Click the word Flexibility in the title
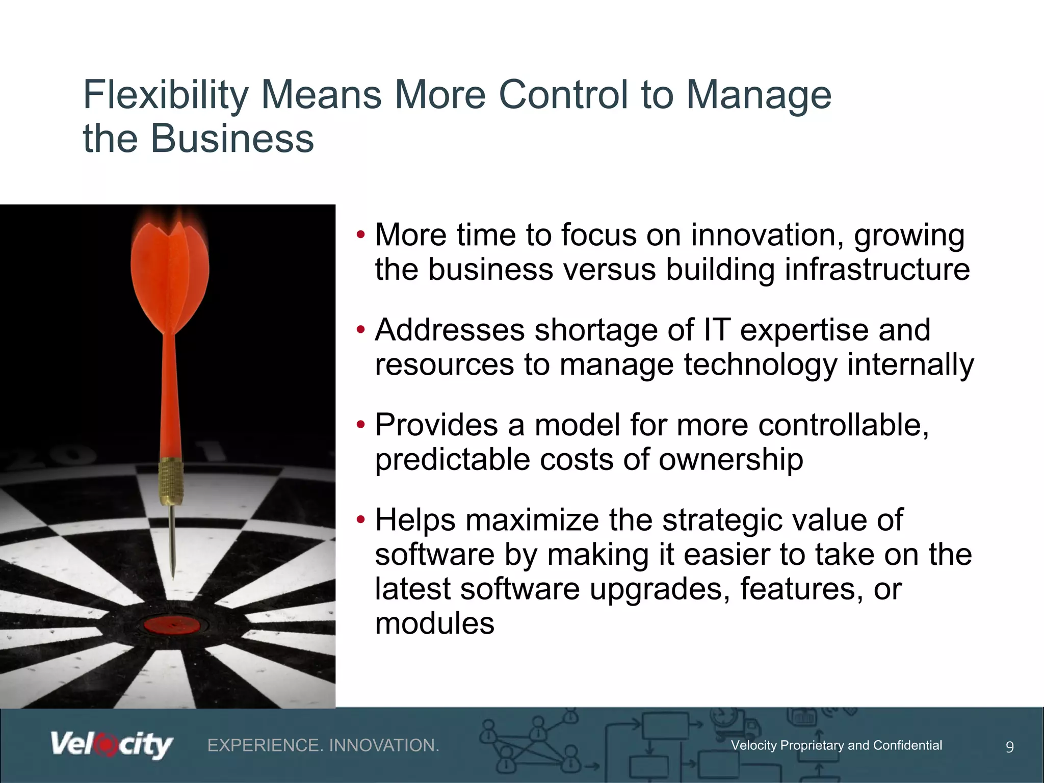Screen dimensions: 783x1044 tap(166, 95)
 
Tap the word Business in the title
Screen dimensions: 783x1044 tap(232, 139)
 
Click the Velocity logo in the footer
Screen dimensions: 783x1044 tap(111, 745)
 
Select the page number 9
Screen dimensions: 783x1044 tap(1009, 747)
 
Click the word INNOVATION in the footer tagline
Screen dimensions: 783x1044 tap(384, 745)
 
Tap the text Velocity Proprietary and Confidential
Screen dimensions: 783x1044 tap(836, 745)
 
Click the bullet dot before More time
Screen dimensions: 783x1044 tap(361, 235)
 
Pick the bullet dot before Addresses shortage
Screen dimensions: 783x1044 tap(361, 330)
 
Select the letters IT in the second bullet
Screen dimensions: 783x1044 tap(717, 330)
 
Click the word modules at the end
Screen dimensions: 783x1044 tap(434, 623)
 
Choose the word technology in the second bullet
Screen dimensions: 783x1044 tap(761, 364)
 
